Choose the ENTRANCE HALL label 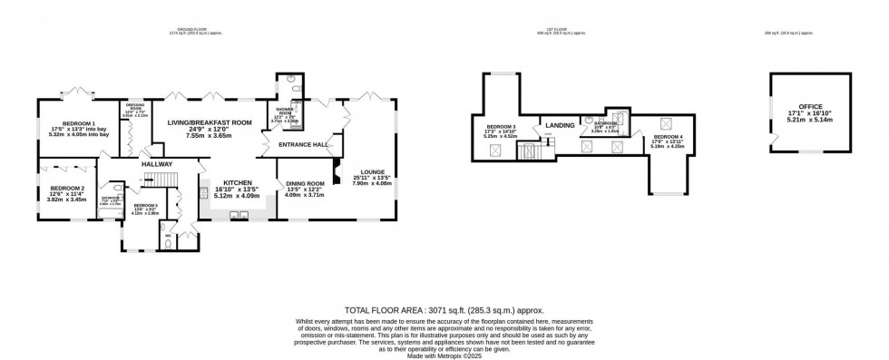[x=304, y=144]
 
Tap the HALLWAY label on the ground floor [x=156, y=164]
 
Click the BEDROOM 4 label [x=669, y=135]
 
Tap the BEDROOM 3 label [x=501, y=126]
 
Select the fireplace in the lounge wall [x=337, y=170]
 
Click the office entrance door [x=773, y=140]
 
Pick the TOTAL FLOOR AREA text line [x=444, y=310]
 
